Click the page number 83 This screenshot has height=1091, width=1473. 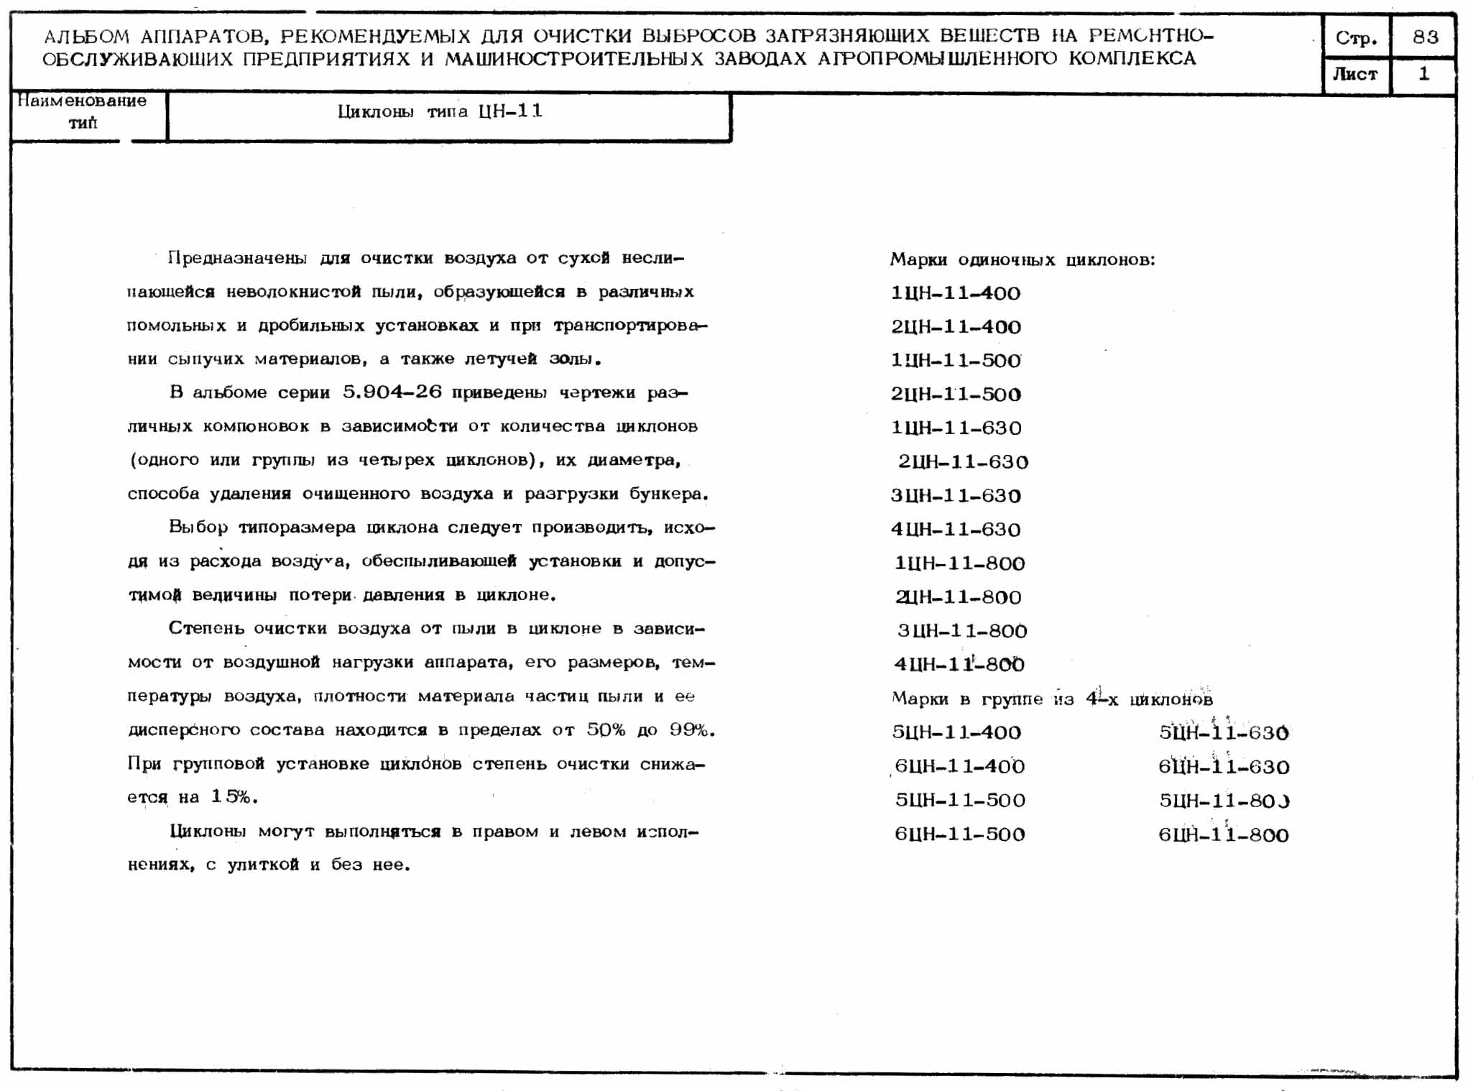(x=1425, y=37)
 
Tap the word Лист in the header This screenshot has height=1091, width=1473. (x=1355, y=74)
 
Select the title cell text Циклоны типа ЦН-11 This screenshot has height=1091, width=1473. (x=440, y=111)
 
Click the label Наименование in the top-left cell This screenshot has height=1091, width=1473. (x=82, y=101)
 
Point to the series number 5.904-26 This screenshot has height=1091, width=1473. (x=392, y=392)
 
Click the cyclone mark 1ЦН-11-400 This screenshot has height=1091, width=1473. (x=955, y=293)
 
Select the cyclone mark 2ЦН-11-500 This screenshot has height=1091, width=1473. (x=955, y=394)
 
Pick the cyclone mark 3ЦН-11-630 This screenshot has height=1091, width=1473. (x=955, y=495)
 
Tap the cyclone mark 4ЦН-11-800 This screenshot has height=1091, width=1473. (x=959, y=664)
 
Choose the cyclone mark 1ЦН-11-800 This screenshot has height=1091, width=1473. (x=959, y=563)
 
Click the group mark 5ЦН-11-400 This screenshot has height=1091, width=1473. (x=956, y=732)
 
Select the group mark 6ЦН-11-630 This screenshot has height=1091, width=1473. (x=1223, y=767)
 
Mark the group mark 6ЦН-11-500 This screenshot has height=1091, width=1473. (x=959, y=834)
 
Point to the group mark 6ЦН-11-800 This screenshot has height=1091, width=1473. (x=1223, y=834)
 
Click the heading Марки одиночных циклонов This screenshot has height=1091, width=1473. (x=1022, y=259)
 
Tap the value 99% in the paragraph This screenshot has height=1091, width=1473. (x=691, y=729)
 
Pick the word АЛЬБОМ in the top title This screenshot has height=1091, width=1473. (x=86, y=36)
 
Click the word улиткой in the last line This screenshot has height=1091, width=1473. (x=263, y=865)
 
